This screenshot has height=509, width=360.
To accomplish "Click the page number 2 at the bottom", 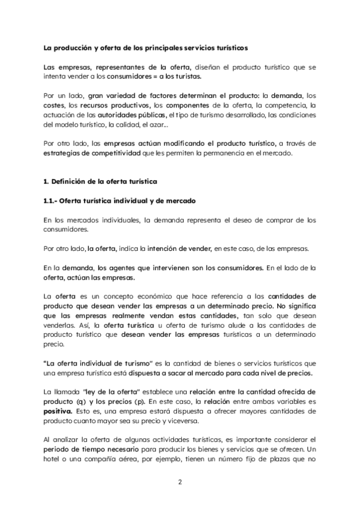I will (x=180, y=481).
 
